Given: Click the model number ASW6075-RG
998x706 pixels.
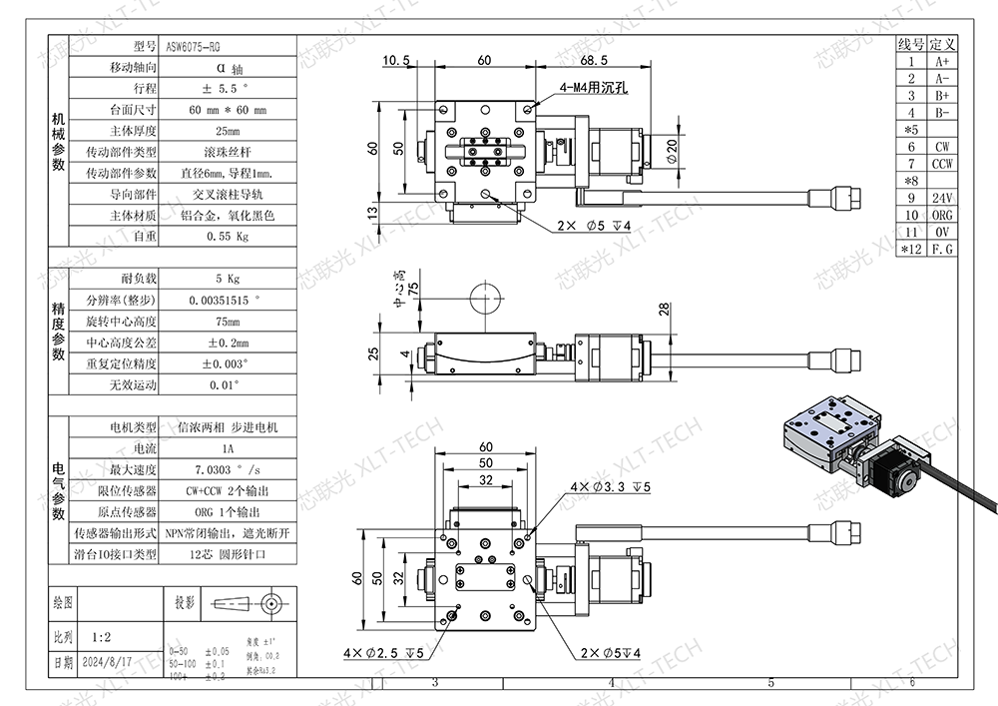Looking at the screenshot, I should click(194, 46).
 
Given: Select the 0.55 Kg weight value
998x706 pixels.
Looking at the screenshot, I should click(227, 237).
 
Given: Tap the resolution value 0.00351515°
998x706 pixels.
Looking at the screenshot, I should click(227, 300).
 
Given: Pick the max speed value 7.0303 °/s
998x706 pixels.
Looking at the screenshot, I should click(227, 469).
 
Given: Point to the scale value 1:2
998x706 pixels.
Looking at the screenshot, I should click(101, 634).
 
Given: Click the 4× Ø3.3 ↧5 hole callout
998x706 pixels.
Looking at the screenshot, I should click(610, 487).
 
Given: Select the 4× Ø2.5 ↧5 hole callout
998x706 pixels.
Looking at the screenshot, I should click(384, 653).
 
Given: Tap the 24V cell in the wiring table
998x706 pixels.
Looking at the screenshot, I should click(941, 198).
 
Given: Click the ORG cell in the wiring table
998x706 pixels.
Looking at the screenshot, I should click(941, 215).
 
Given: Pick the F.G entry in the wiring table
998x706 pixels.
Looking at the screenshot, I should click(941, 249).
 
